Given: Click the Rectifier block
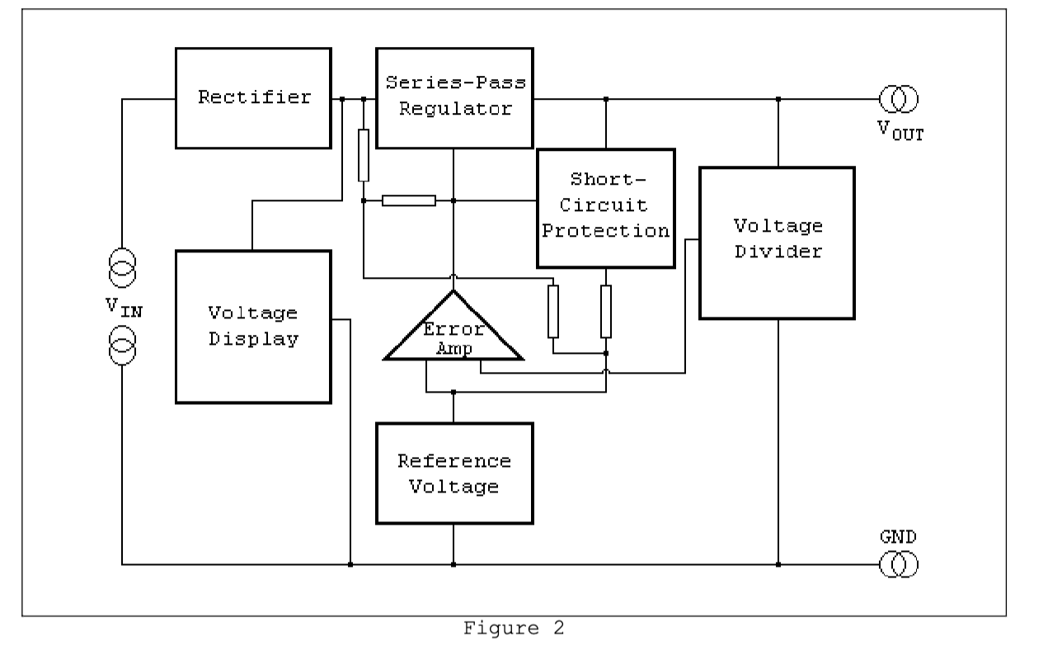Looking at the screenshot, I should pyautogui.click(x=253, y=98).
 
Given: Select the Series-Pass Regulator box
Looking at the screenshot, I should pyautogui.click(x=454, y=98).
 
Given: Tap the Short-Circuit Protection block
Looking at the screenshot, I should pyautogui.click(x=605, y=208).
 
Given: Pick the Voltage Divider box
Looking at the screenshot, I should pyautogui.click(x=776, y=243).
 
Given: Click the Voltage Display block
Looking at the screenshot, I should pyautogui.click(x=253, y=326).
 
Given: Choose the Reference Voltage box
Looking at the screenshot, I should pyautogui.click(x=453, y=473).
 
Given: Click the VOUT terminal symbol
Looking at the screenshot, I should pyautogui.click(x=898, y=100).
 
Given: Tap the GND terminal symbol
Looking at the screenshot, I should pyautogui.click(x=898, y=565).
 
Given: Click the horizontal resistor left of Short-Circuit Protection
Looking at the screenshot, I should pyautogui.click(x=409, y=200).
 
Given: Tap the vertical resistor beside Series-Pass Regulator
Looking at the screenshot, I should pyautogui.click(x=364, y=155).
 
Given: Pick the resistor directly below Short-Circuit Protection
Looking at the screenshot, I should pyautogui.click(x=606, y=312).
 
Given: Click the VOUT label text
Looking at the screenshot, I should pyautogui.click(x=900, y=133).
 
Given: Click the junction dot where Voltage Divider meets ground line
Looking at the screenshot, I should pyautogui.click(x=778, y=565).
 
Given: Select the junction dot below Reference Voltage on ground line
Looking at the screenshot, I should pyautogui.click(x=453, y=565).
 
